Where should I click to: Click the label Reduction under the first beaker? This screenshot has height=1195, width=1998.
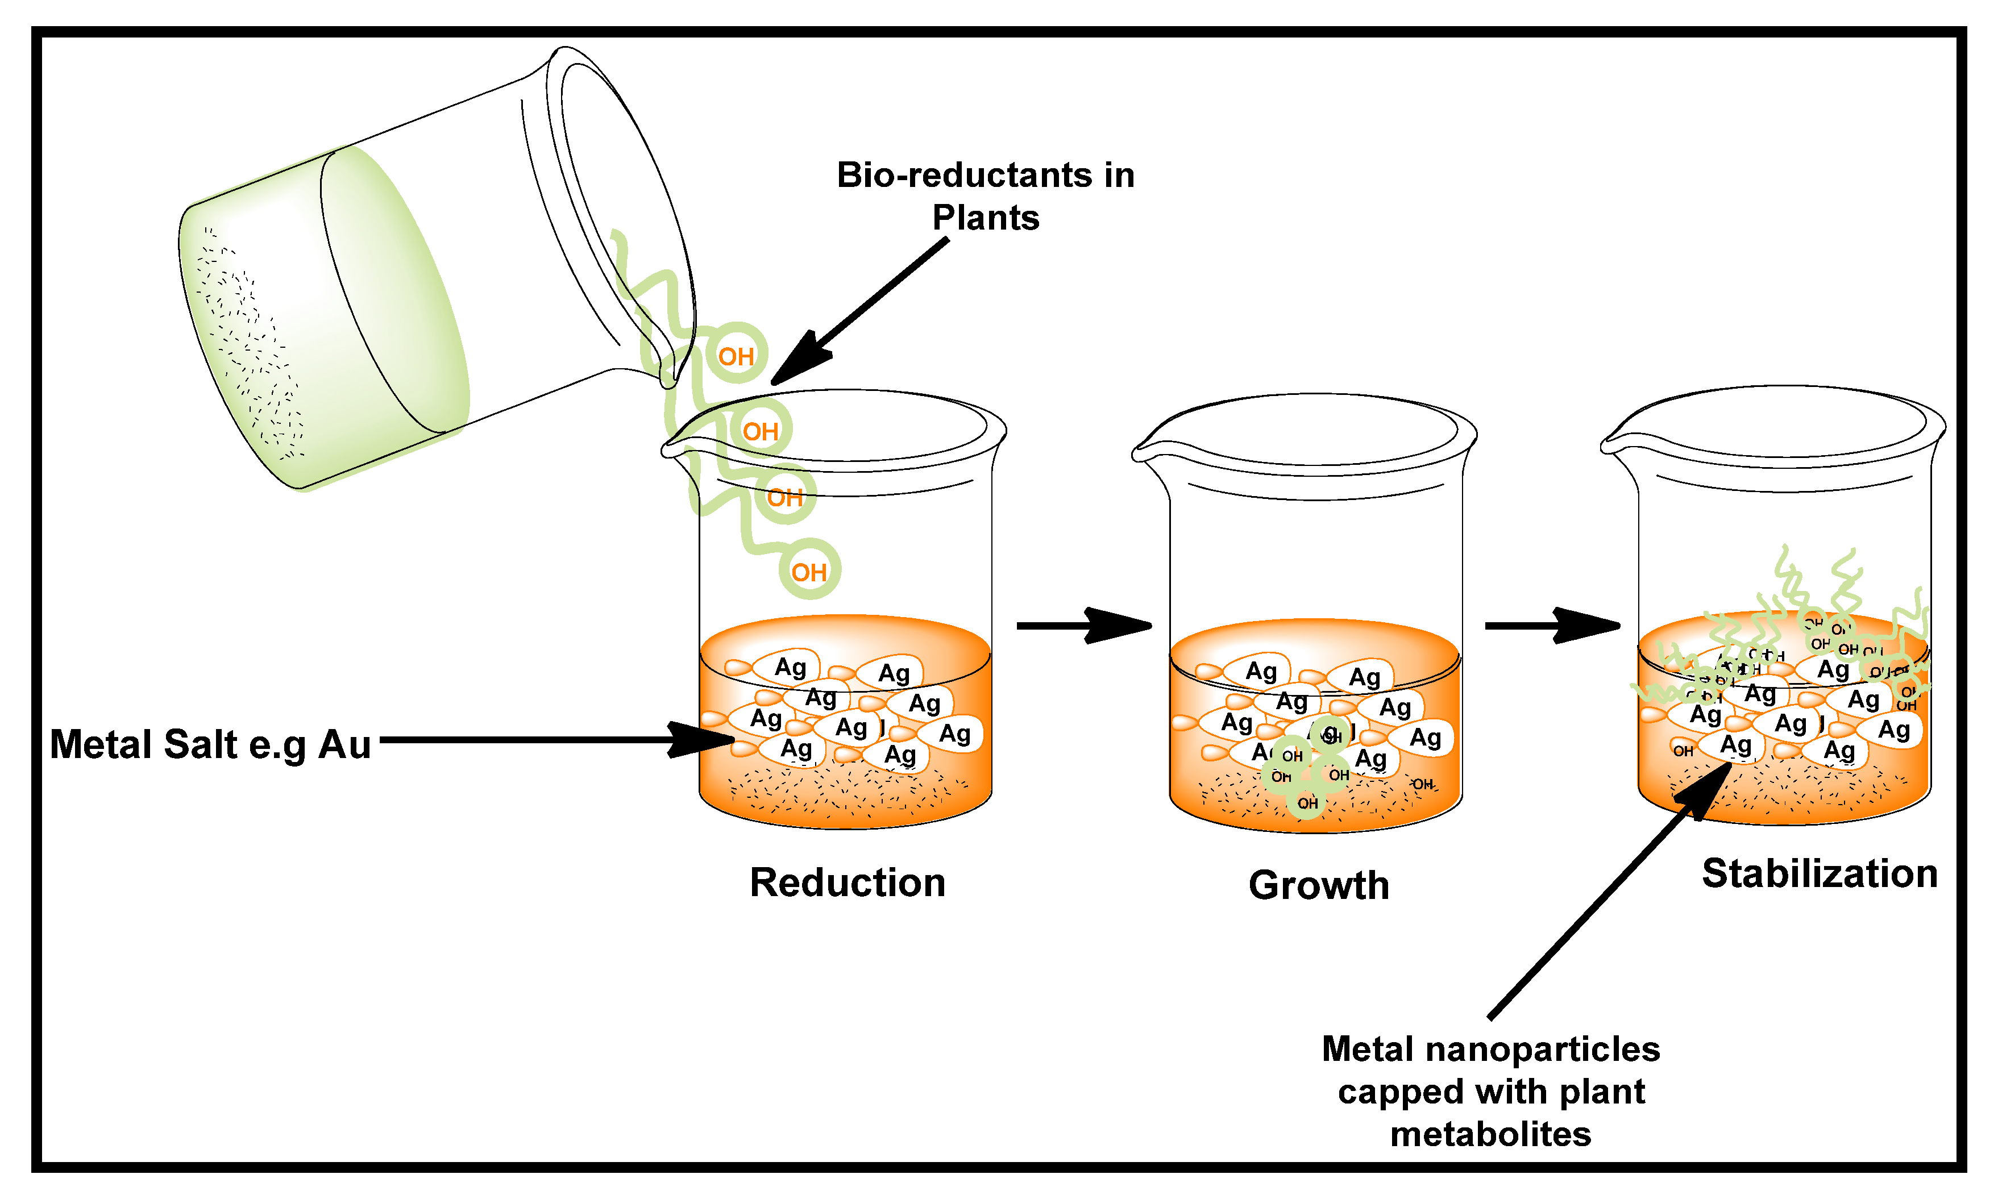[847, 882]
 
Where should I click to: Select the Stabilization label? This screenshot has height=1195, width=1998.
[1819, 874]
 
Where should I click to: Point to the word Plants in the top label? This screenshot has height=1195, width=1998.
[985, 218]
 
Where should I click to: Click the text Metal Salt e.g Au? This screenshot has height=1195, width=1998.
[210, 744]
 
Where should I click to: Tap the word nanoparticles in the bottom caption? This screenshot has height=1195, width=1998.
[1542, 1050]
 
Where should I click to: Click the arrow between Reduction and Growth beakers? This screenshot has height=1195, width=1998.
[1083, 626]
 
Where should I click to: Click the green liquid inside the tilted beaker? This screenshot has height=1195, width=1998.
[322, 322]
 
